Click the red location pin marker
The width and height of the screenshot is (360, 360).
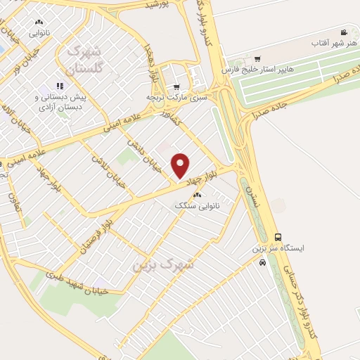181,165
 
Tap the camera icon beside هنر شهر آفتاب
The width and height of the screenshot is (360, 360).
344,33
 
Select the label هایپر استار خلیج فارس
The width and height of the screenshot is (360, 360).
255,70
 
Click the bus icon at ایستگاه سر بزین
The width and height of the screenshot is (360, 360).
278,237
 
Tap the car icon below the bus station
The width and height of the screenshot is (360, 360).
262,263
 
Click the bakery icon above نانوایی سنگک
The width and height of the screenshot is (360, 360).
198,195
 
